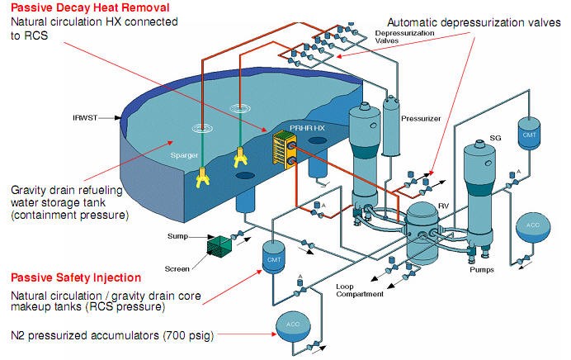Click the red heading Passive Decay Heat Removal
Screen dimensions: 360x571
pos(67,7)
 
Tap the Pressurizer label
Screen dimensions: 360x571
pos(421,119)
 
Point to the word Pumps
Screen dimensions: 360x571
pos(483,269)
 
